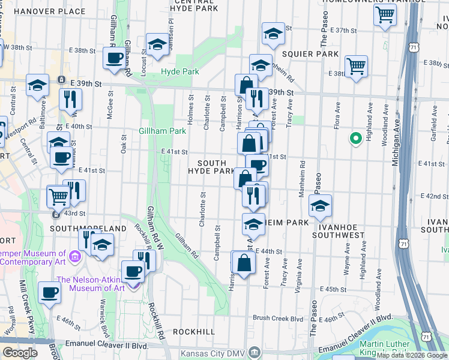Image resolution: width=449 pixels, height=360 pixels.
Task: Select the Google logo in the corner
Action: pos(20,353)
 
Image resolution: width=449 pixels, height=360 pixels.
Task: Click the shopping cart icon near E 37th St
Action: pos(385,14)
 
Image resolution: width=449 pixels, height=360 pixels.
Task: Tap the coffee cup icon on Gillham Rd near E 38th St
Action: pos(113,58)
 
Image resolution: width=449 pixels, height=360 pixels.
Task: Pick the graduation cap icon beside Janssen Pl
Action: pos(158,44)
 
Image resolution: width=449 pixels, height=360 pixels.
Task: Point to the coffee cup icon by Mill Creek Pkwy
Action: pos(49,292)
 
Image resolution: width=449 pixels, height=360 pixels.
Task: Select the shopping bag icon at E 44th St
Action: pos(243,262)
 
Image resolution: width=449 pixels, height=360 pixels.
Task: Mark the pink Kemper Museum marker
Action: pos(74,257)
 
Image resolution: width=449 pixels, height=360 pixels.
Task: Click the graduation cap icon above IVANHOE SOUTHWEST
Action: pos(320,205)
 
